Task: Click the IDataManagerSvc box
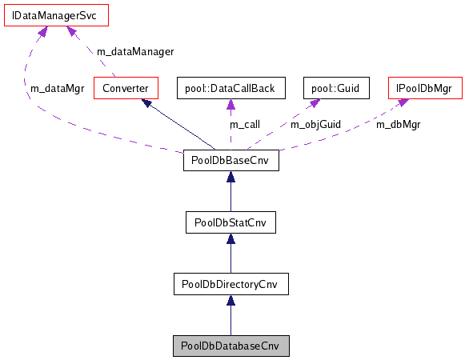tap(45, 16)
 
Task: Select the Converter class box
tap(125, 87)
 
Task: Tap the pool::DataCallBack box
tap(230, 87)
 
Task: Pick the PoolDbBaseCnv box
tap(230, 161)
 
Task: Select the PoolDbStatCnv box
tap(230, 222)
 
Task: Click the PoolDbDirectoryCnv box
tap(230, 284)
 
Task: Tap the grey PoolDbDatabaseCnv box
tap(230, 346)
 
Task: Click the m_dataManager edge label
tap(134, 51)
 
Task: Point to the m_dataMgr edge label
tap(57, 88)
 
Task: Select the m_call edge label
tap(245, 125)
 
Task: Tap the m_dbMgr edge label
tap(399, 125)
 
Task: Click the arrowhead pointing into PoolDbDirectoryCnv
tap(230, 301)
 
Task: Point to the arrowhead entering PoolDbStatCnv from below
tap(230, 239)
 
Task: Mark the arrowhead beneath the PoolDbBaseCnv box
tap(230, 178)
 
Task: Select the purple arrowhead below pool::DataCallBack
tap(230, 104)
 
